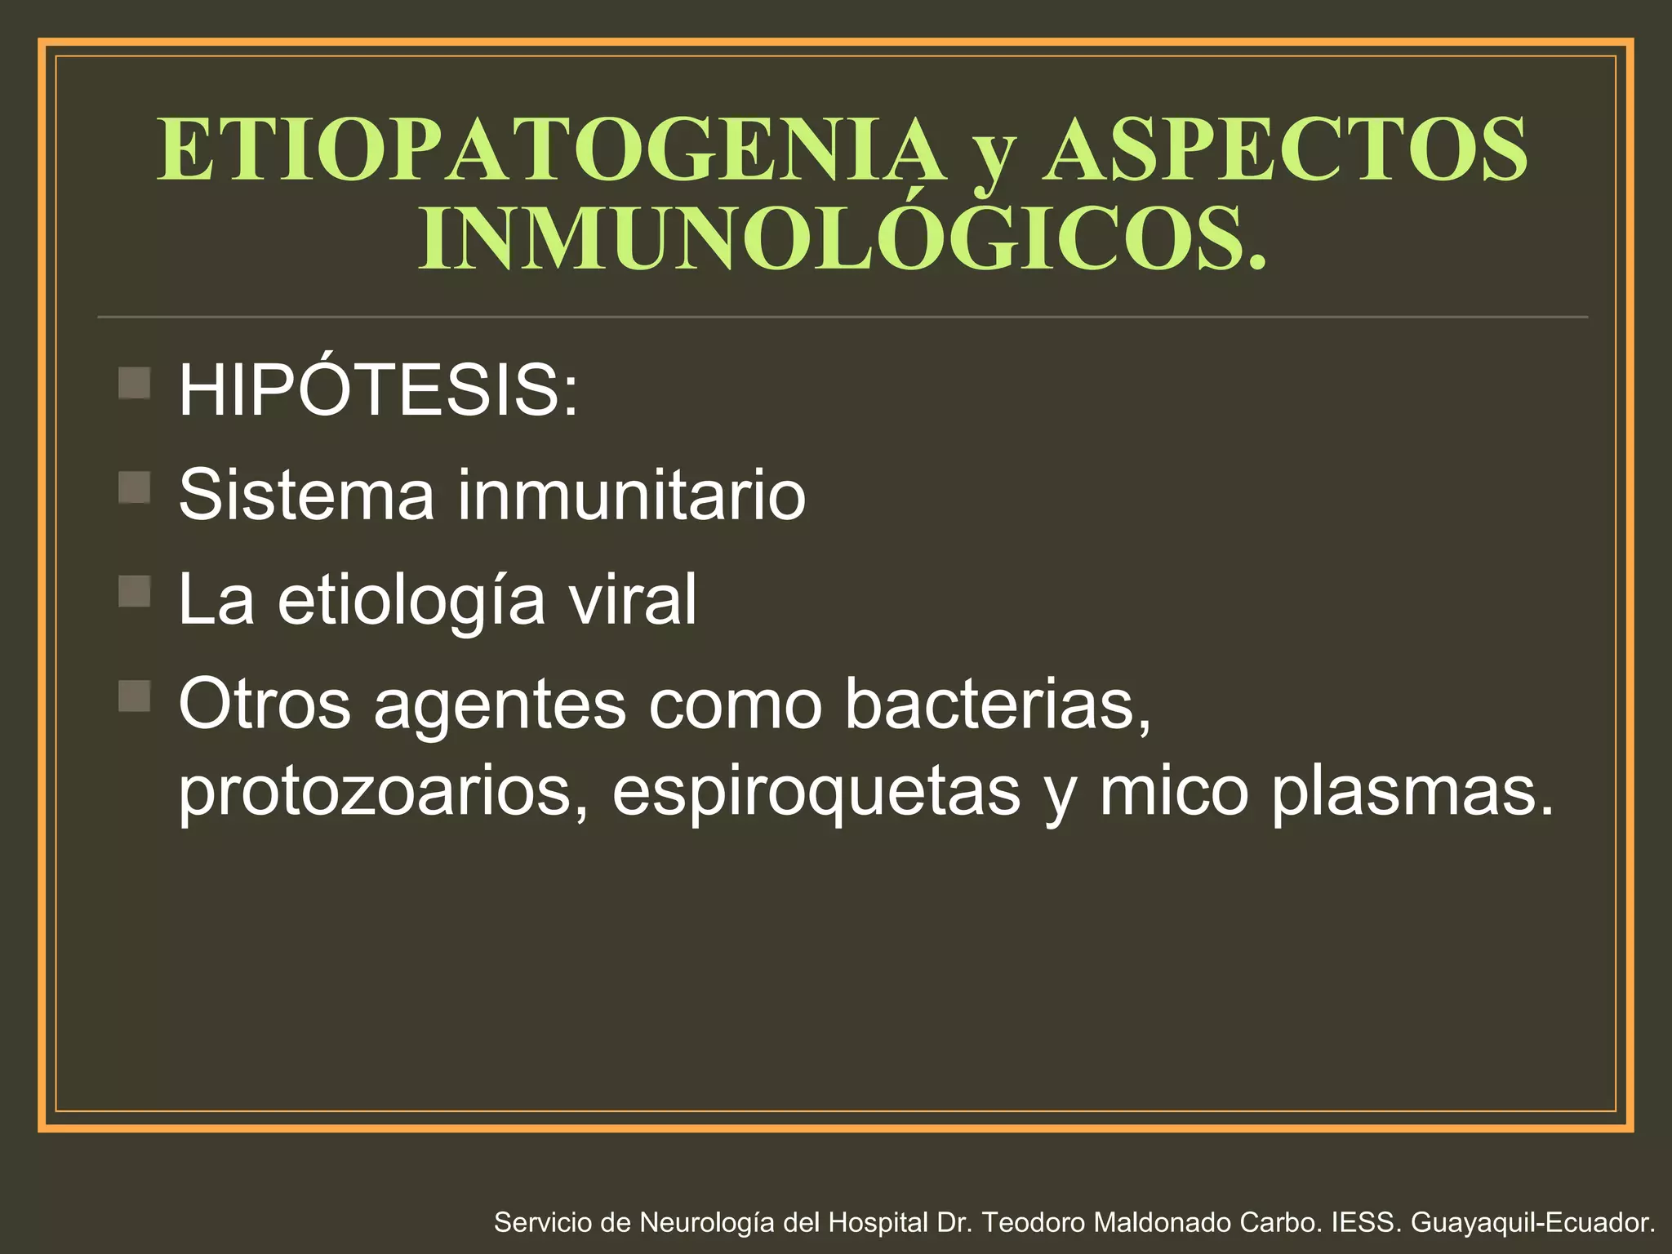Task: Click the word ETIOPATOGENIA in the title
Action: [x=550, y=149]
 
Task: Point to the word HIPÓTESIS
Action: [x=378, y=389]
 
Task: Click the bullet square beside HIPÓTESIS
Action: [x=135, y=382]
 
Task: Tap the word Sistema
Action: [x=306, y=494]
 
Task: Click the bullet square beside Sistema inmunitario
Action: [x=135, y=487]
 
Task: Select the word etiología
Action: [x=411, y=600]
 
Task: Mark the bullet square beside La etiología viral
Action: [x=135, y=592]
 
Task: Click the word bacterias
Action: [x=998, y=704]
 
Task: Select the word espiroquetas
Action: [x=816, y=792]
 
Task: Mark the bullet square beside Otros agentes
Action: [x=135, y=696]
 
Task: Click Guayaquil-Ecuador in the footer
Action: [x=1532, y=1222]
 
